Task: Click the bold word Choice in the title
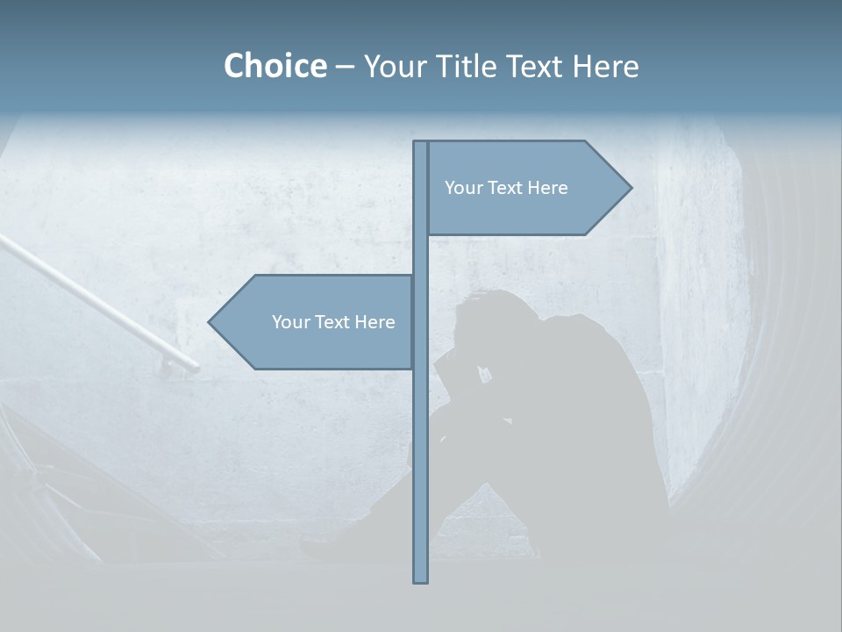click(275, 66)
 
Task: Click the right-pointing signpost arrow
click(526, 188)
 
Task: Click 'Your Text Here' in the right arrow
click(506, 188)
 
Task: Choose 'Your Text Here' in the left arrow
click(333, 322)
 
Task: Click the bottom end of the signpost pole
click(420, 579)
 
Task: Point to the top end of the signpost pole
click(420, 144)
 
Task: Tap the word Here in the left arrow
click(375, 322)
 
